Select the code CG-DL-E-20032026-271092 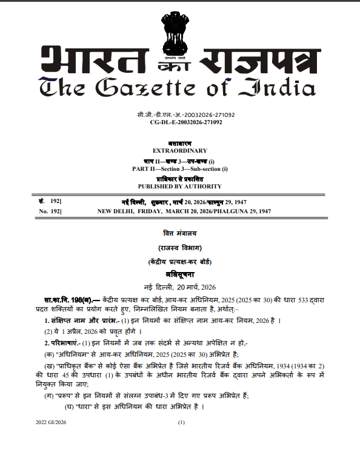pos(180,122)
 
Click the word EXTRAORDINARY pos(180,150)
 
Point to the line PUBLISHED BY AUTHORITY pos(180,186)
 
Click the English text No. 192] pos(51,211)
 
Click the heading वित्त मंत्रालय pos(180,233)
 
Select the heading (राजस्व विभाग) pos(180,247)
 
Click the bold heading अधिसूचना pos(180,274)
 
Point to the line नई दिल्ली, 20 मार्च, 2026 pos(180,286)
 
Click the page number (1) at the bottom pos(180,420)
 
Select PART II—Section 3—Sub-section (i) pos(180,169)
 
